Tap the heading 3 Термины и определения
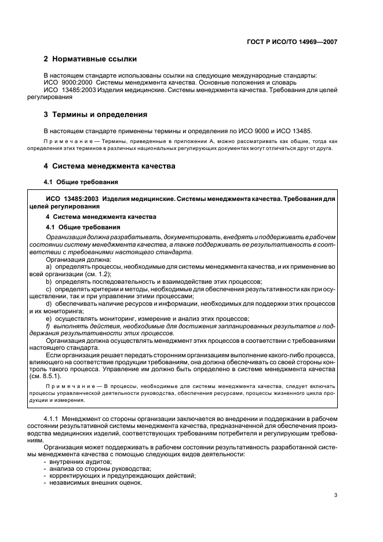(x=96, y=114)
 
